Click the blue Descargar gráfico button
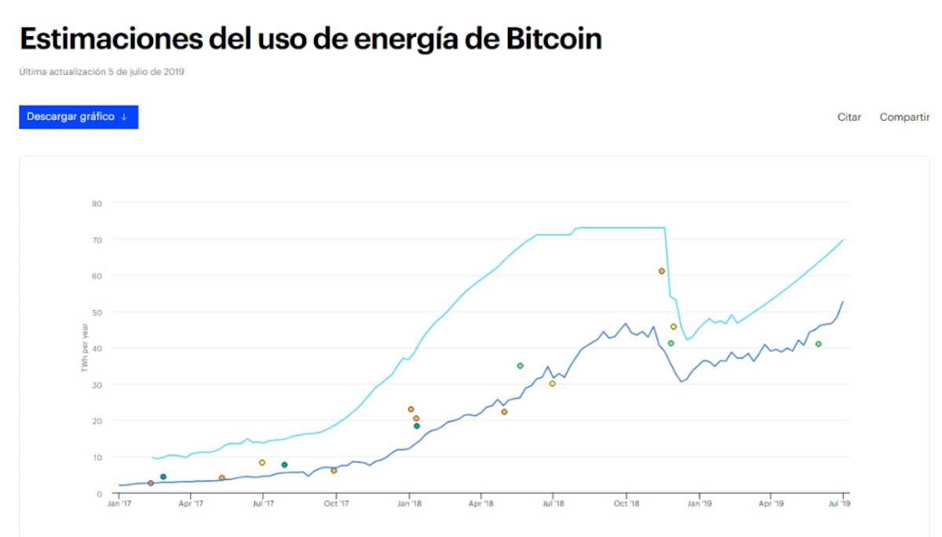78,117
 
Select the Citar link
849,117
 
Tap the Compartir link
904,117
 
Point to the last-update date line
101,72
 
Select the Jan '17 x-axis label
119,504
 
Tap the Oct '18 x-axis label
626,504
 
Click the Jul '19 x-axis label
841,504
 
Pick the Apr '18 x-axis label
480,504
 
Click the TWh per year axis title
85,348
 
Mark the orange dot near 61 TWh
662,271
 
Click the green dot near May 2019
818,344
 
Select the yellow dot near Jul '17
262,462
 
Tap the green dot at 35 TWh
520,366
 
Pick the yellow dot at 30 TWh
552,384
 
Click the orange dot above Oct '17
334,470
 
